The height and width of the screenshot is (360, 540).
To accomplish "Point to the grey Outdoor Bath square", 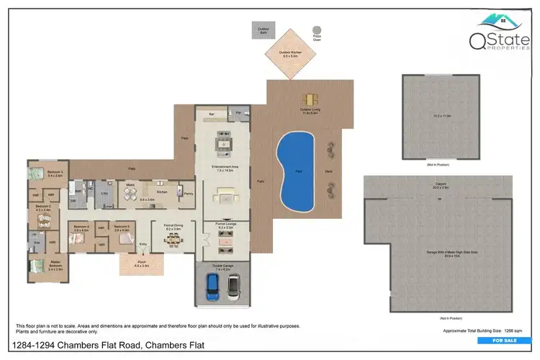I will (262, 30).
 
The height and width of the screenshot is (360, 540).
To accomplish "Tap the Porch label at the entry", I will (141, 264).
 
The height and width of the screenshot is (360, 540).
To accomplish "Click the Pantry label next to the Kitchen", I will (188, 194).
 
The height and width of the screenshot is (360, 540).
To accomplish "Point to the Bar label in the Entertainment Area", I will (212, 114).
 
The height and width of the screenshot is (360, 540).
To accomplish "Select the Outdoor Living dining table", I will (310, 99).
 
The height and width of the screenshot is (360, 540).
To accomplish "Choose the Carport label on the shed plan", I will (443, 184).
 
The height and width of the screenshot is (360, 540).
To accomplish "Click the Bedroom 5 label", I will (123, 226).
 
